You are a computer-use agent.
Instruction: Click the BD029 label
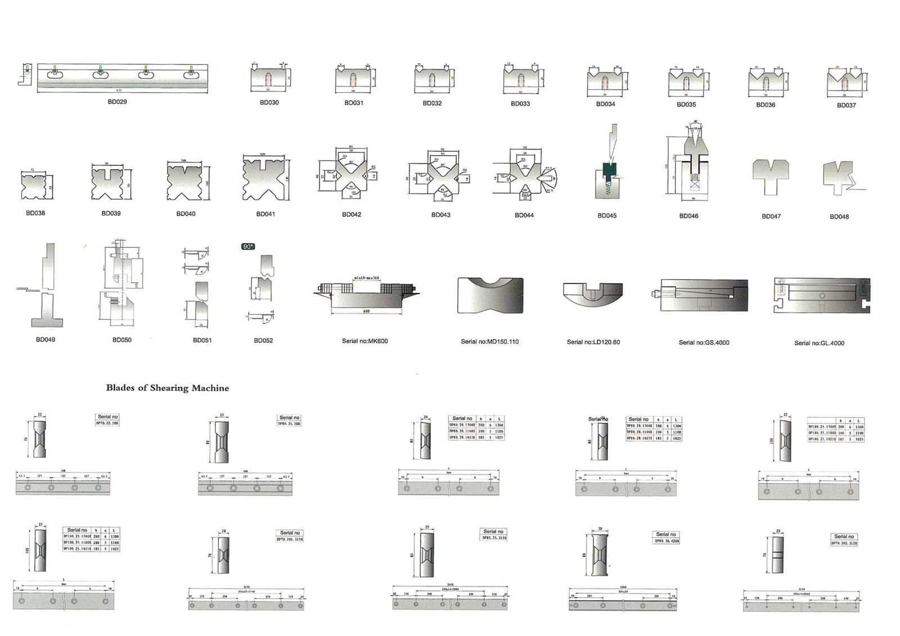click(x=117, y=102)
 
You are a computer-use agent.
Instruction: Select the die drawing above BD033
click(x=523, y=79)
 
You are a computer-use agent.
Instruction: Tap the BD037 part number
click(x=846, y=105)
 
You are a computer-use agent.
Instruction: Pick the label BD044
click(x=524, y=215)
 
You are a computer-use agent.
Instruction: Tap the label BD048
click(x=839, y=216)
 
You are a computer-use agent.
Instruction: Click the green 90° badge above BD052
click(x=248, y=246)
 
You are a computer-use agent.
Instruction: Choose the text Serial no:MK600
click(x=364, y=341)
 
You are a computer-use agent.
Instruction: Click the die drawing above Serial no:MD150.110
click(x=490, y=295)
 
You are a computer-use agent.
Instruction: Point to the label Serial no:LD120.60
click(x=593, y=342)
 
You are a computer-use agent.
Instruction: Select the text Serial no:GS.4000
click(x=704, y=342)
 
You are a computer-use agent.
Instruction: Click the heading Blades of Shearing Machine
click(x=167, y=388)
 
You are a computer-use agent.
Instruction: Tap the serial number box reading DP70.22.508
click(x=107, y=420)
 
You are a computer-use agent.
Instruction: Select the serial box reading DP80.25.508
click(x=289, y=420)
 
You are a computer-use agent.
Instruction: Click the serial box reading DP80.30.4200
click(x=667, y=538)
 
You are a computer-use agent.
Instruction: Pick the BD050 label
click(x=121, y=340)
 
